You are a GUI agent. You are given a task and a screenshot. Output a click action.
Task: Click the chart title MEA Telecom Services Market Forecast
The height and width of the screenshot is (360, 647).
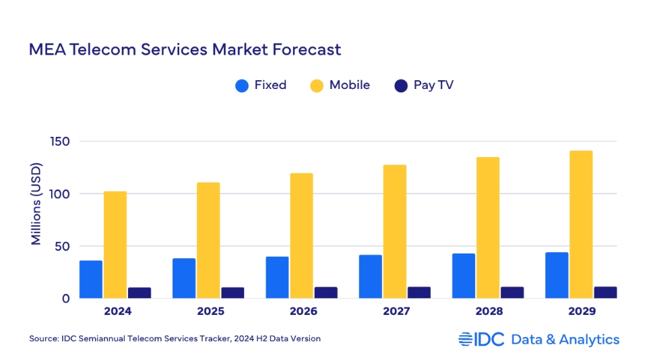[184, 50]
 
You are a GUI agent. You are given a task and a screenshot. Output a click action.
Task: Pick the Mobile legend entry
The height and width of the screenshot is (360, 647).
[340, 86]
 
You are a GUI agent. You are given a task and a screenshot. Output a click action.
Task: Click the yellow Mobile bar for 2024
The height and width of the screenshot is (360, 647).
[115, 244]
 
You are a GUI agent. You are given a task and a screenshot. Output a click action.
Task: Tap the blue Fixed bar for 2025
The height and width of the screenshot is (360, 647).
[184, 278]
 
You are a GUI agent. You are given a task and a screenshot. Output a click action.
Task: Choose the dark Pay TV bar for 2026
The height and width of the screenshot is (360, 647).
[326, 292]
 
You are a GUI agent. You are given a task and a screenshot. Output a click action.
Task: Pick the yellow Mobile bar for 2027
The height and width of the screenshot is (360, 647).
[395, 231]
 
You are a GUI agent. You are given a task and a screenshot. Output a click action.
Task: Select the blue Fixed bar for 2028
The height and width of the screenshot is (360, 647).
[464, 275]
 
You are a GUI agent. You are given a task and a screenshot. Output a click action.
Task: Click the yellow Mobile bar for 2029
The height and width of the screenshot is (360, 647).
[581, 224]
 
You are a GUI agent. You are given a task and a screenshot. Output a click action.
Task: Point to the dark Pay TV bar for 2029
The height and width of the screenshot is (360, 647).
[605, 292]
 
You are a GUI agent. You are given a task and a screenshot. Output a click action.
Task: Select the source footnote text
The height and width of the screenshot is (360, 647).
[175, 338]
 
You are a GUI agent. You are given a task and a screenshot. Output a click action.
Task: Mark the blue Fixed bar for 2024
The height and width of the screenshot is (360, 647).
[91, 279]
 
